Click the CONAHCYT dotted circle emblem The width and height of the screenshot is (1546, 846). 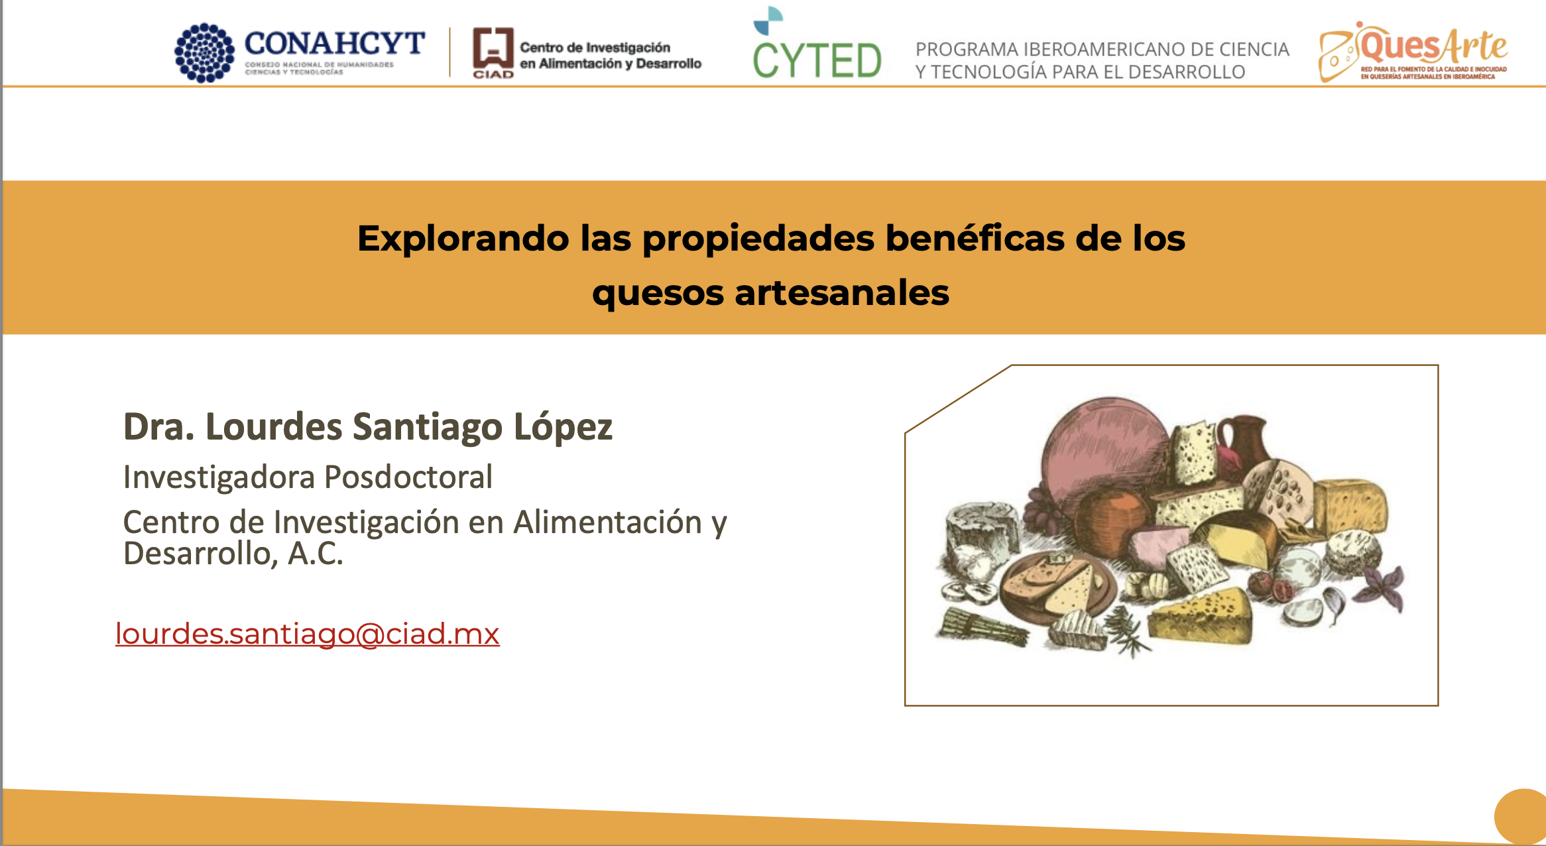click(204, 53)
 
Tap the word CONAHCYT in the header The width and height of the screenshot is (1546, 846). click(335, 44)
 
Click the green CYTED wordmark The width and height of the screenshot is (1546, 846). click(817, 60)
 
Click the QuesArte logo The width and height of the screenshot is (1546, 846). click(1413, 52)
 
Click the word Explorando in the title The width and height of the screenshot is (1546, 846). click(463, 239)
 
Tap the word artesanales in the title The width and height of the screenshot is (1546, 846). click(842, 293)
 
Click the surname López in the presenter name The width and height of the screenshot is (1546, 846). click(563, 427)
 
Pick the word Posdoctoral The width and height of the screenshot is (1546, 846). click(408, 477)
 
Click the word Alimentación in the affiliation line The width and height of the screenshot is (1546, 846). click(607, 522)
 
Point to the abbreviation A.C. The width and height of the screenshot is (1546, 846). click(315, 554)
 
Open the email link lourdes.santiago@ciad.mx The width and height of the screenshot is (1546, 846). click(307, 634)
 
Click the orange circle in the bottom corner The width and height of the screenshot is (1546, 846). click(1521, 816)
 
